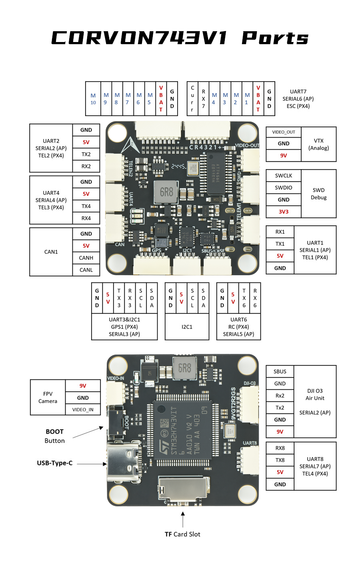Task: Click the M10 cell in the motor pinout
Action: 93,99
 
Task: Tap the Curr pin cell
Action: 192,99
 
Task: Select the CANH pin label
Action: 86,258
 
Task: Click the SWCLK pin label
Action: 284,176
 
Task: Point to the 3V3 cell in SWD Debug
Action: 284,212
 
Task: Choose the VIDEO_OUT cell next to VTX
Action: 284,132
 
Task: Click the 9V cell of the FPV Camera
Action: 83,386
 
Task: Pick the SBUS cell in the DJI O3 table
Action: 280,371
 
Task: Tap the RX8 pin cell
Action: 280,448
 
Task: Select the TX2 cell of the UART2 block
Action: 86,154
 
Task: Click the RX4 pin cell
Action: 86,218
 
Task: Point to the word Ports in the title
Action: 275,38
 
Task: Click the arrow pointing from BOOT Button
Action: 88,433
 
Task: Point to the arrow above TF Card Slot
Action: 183,519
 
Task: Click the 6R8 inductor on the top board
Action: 166,192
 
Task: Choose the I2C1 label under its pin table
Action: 187,327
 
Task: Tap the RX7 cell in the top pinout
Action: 203,99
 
